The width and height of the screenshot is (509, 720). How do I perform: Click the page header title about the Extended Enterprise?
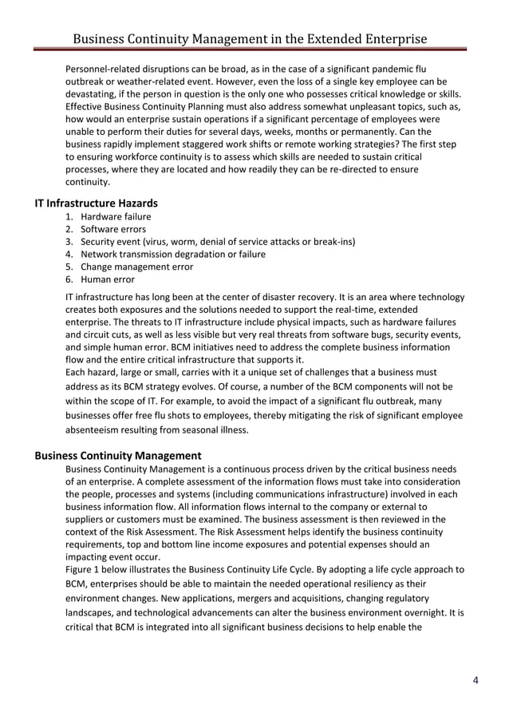coord(250,38)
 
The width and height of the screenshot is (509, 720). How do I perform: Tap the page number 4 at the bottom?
coord(476,680)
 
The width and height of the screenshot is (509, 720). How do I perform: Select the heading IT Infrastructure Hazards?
coord(96,204)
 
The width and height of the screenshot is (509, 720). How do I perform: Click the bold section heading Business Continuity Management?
coord(118,455)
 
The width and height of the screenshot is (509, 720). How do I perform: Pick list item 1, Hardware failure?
coord(116,216)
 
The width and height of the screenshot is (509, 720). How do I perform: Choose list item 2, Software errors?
coord(112,229)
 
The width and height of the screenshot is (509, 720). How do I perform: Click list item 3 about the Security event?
coord(218,242)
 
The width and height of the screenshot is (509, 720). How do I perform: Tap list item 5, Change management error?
coord(136,267)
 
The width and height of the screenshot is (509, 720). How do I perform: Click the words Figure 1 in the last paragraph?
coord(85,569)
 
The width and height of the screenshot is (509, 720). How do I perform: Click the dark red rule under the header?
coord(250,50)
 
